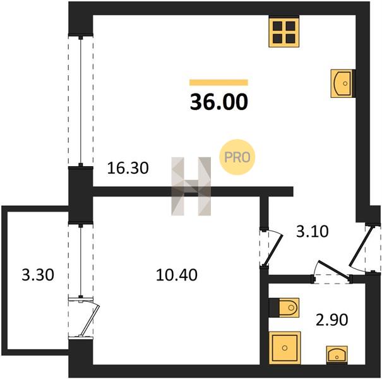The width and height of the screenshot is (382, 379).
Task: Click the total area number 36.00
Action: (218, 102)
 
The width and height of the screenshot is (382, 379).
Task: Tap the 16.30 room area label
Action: (128, 168)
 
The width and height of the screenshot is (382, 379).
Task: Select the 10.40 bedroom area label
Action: (177, 275)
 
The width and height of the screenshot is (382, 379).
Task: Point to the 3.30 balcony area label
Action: (38, 275)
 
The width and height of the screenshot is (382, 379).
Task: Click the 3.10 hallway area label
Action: (313, 231)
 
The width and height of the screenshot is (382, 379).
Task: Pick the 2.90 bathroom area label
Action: (332, 320)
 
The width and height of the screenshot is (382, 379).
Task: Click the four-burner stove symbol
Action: (284, 32)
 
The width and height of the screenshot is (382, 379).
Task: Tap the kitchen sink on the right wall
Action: (342, 83)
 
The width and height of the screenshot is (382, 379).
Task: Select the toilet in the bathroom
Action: (284, 308)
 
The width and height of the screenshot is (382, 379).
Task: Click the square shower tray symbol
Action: (285, 347)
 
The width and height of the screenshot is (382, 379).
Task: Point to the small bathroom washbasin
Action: (337, 355)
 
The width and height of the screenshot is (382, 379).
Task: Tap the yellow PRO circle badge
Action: (237, 157)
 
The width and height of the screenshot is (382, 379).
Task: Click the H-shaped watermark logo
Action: (191, 186)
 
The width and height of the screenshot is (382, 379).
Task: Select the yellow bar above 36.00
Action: (218, 83)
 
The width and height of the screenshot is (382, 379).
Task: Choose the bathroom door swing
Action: (333, 270)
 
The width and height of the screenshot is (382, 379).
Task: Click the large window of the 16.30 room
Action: (81, 102)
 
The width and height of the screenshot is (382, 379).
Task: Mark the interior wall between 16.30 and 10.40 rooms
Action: (193, 191)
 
